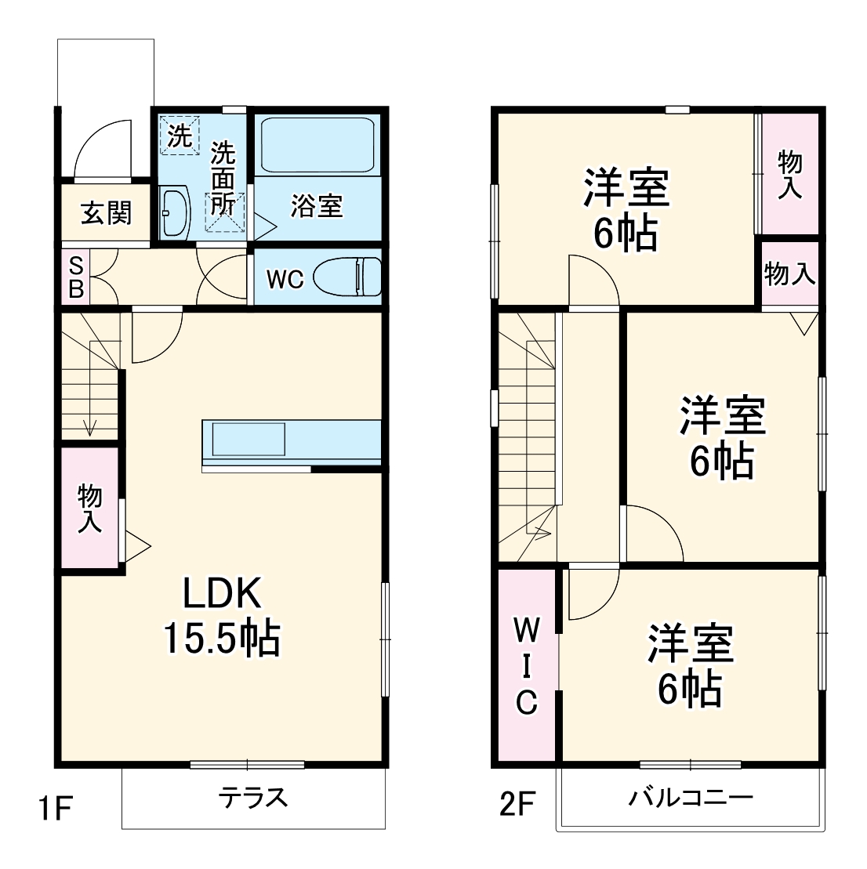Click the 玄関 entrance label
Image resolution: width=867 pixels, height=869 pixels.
pyautogui.click(x=106, y=213)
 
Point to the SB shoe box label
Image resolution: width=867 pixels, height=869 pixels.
pyautogui.click(x=76, y=277)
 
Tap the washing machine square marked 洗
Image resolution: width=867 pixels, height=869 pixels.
pyautogui.click(x=180, y=136)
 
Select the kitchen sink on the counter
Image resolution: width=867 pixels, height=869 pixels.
pyautogui.click(x=245, y=439)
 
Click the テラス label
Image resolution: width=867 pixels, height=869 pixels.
pyautogui.click(x=253, y=798)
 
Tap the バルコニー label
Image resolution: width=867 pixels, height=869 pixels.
pyautogui.click(x=690, y=798)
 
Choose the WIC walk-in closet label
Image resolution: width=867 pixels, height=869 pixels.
pyautogui.click(x=526, y=665)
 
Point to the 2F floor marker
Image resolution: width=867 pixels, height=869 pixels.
pyautogui.click(x=517, y=805)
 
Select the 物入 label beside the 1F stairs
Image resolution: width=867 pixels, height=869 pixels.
pyautogui.click(x=90, y=509)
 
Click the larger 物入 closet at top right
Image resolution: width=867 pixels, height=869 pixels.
pyautogui.click(x=789, y=174)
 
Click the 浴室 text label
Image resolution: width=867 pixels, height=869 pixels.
pyautogui.click(x=316, y=206)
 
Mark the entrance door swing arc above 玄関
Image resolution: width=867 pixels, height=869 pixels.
pyautogui.click(x=102, y=149)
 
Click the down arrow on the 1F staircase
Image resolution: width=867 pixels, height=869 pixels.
pyautogui.click(x=92, y=427)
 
